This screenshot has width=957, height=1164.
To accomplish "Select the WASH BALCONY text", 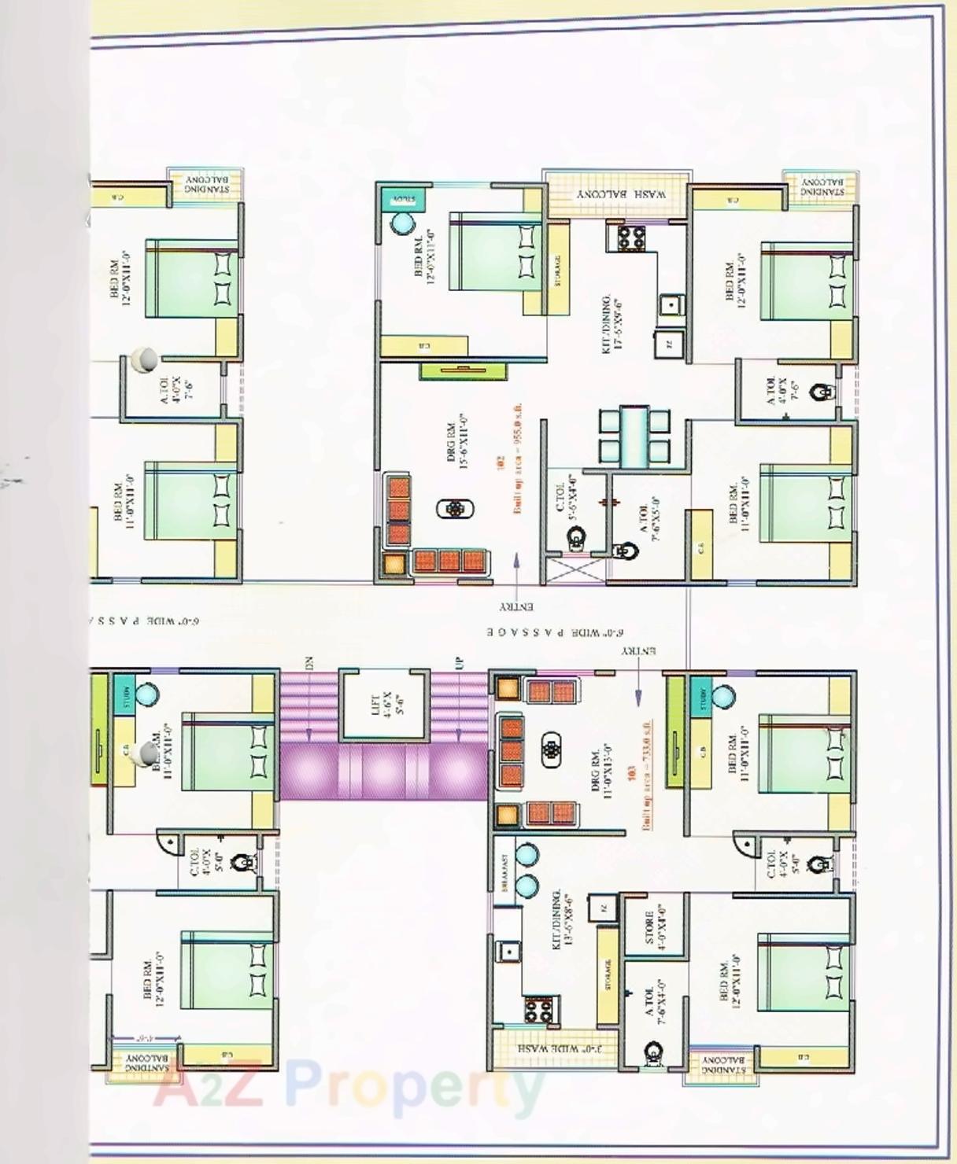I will [622, 193].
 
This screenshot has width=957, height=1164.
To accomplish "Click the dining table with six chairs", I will [634, 435].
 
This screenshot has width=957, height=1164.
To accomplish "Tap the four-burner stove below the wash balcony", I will [630, 237].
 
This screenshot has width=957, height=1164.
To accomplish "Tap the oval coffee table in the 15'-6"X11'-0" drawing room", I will [454, 510].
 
